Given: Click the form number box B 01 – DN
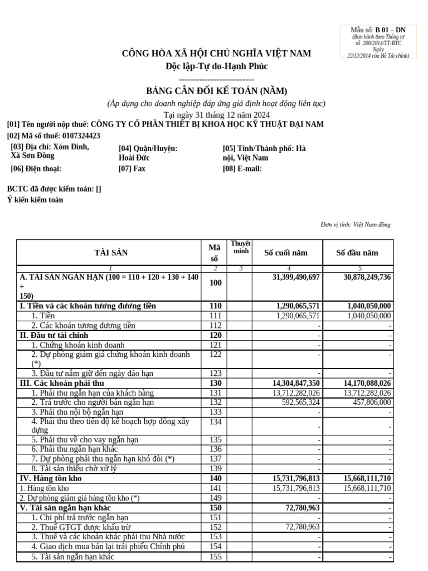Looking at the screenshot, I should point(378,42).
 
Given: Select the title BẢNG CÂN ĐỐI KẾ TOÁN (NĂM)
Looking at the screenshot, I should point(217,91).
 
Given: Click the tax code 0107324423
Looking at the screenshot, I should point(81,136).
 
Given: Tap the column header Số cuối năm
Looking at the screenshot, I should point(285,253).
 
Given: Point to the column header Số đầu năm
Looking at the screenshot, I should point(357,253).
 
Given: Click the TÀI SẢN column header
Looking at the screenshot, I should point(111,253).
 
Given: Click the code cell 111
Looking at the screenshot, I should point(215,316).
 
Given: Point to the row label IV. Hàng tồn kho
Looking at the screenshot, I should point(51,478).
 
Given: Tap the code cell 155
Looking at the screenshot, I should point(215,557).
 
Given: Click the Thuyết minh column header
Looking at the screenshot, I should point(241,248).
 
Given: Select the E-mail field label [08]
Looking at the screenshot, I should point(242,169).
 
